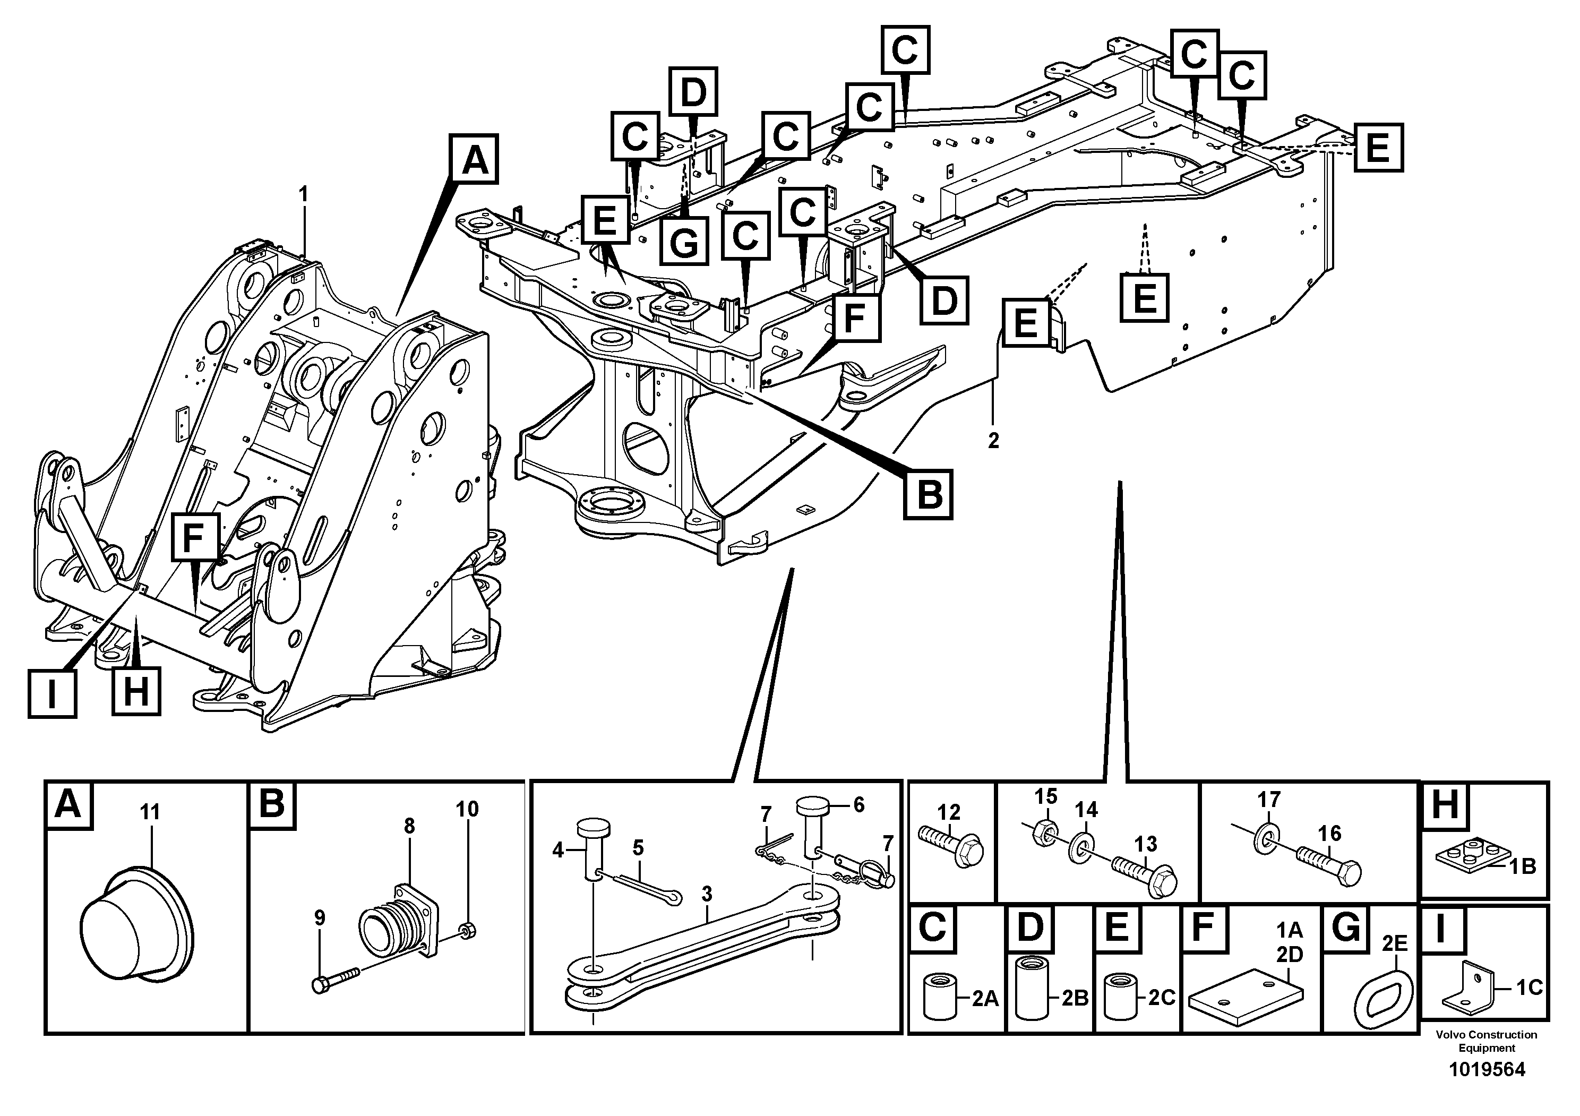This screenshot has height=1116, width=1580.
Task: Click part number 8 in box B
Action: pyautogui.click(x=409, y=826)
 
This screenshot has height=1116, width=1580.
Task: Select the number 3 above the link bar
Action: pyautogui.click(x=707, y=895)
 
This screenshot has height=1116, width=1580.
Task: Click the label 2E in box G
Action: pyautogui.click(x=1394, y=944)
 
